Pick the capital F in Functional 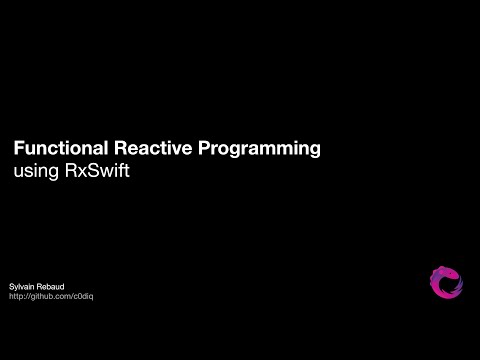tap(17, 148)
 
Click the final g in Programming tap(314, 150)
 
